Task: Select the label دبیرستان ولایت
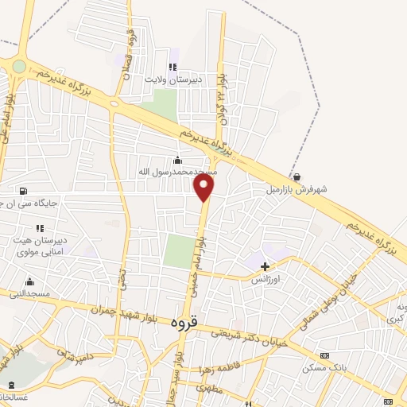174,79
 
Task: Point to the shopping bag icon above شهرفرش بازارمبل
297,177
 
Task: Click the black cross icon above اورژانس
266,266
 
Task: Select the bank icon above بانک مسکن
324,355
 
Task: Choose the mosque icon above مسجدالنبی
29,281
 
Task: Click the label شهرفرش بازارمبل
297,190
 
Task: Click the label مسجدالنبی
29,294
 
